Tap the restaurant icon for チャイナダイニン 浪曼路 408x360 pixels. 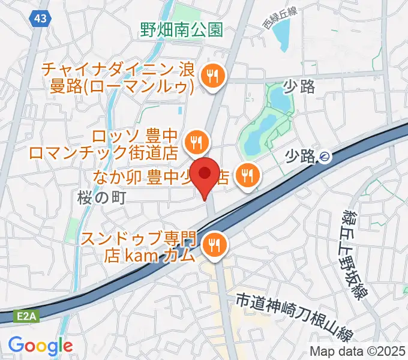click(212, 76)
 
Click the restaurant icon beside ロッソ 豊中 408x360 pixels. click(197, 143)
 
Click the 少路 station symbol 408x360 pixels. click(325, 157)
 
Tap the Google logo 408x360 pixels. click(40, 346)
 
